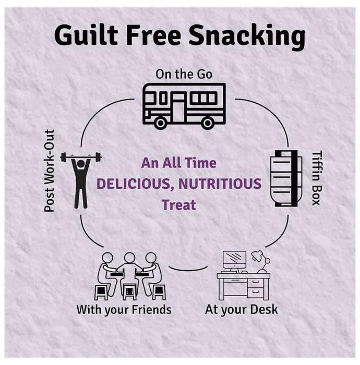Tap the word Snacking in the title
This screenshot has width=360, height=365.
[x=247, y=37]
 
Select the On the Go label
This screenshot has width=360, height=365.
[x=184, y=74]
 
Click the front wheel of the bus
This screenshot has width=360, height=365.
[x=161, y=123]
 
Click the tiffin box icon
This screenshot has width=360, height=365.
[x=286, y=178]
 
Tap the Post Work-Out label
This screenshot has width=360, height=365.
[x=50, y=171]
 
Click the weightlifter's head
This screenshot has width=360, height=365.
[x=81, y=164]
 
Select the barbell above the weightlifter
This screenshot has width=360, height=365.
[x=81, y=157]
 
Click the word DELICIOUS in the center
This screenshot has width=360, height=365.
[x=134, y=184]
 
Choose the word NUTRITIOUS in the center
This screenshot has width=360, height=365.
[x=220, y=184]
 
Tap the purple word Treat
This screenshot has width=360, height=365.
[x=179, y=205]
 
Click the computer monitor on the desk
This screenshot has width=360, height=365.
[x=234, y=260]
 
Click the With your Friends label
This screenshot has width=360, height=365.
[x=124, y=310]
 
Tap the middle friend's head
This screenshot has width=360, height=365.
[x=129, y=258]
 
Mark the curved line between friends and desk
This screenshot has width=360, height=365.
[x=188, y=270]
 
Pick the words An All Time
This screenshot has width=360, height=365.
[x=178, y=163]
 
